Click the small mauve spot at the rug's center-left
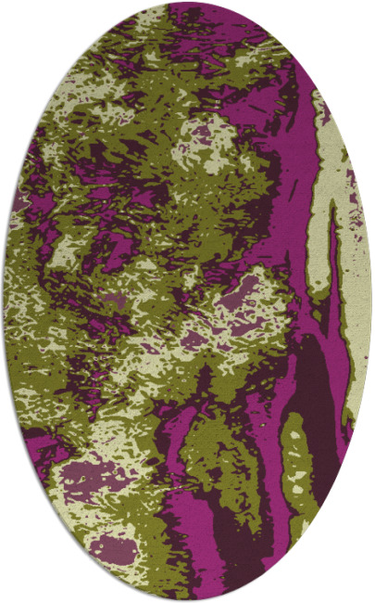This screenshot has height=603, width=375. coord(113,302)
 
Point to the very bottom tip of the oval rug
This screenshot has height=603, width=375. coord(187,599)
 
